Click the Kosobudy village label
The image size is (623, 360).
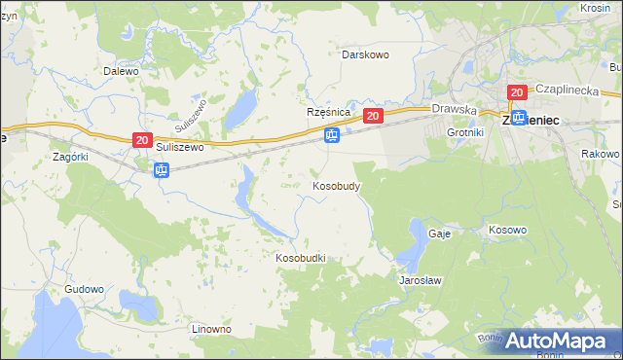pos(338,185)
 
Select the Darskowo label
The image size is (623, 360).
pos(365,54)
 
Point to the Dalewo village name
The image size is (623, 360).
pos(122,71)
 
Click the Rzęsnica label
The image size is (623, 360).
pos(328,113)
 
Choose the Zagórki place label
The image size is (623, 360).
pos(71,156)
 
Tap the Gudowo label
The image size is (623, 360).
pos(84,290)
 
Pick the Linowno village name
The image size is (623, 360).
pos(211,329)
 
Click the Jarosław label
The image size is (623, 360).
pos(421,280)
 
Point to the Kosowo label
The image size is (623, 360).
pos(507,231)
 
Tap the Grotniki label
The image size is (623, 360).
pos(464,131)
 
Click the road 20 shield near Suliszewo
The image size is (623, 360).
pos(142,141)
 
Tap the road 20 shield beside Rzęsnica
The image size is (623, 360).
pos(373,116)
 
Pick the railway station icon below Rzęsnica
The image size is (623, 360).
pos(332,135)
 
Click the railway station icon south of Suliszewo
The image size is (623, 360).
pos(162,170)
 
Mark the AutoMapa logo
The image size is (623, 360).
pos(558,341)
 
